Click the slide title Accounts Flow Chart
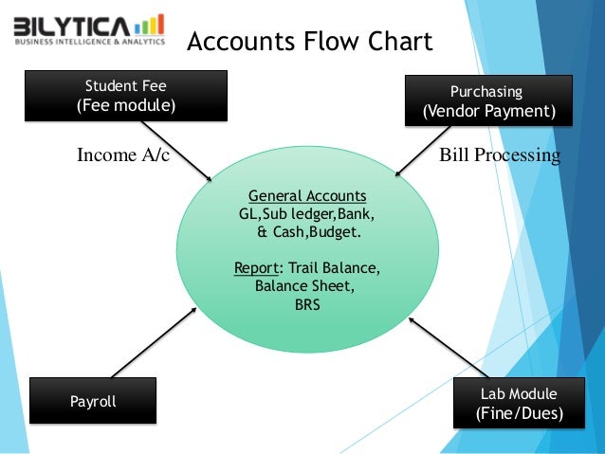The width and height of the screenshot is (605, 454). pyautogui.click(x=309, y=42)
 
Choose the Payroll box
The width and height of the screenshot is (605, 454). pyautogui.click(x=93, y=402)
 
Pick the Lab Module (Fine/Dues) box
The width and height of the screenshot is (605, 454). pyautogui.click(x=519, y=404)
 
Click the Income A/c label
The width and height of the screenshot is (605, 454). pyautogui.click(x=122, y=154)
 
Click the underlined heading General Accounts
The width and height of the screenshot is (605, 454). pyautogui.click(x=307, y=196)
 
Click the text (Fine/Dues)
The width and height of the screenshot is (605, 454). pyautogui.click(x=519, y=414)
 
